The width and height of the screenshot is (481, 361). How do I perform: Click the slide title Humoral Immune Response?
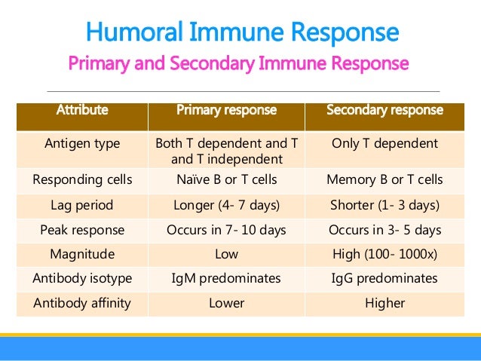[241, 32]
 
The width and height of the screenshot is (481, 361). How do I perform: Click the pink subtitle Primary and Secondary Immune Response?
[238, 63]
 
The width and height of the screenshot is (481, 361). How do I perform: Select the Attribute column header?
[82, 110]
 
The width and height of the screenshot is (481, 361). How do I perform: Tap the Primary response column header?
[226, 110]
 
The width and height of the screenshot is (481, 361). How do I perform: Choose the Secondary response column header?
[384, 110]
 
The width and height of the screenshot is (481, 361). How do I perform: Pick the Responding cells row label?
[82, 179]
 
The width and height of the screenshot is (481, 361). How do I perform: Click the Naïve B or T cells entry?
[226, 179]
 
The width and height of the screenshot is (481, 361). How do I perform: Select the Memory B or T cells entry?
[384, 179]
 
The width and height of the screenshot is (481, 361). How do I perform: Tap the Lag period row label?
[82, 204]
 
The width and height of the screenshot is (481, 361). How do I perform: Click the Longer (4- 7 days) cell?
[226, 204]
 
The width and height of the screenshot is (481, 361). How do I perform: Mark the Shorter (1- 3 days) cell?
[384, 204]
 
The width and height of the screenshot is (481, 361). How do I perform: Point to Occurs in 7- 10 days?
[226, 229]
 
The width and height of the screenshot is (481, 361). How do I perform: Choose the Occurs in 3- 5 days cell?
[384, 229]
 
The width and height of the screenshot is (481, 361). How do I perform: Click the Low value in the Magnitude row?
[226, 254]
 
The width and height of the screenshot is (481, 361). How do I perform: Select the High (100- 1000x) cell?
[384, 254]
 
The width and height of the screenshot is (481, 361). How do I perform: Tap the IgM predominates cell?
[226, 279]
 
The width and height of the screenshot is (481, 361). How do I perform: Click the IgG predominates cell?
[384, 279]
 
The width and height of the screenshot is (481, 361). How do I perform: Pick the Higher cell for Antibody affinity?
[384, 304]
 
